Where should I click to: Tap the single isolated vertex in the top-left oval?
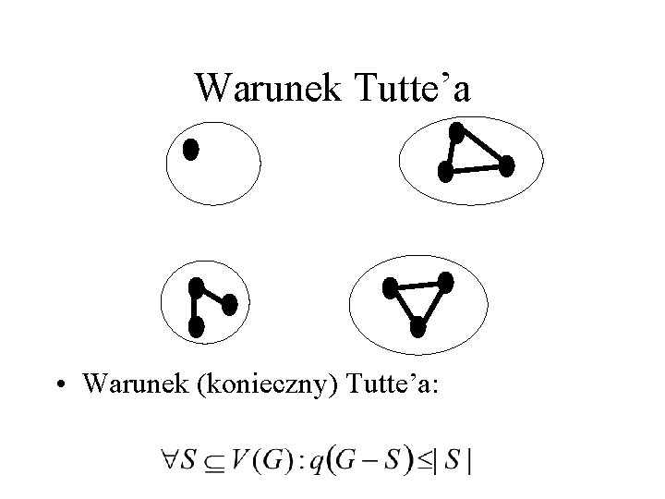[190, 150]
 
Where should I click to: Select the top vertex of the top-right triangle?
[455, 131]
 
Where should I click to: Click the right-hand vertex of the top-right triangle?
[506, 166]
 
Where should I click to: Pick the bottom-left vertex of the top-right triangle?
[445, 171]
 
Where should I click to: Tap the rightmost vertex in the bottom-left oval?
[230, 303]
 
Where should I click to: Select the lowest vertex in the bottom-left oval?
[196, 325]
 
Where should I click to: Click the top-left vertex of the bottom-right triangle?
[391, 288]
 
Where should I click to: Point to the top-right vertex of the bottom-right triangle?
[446, 282]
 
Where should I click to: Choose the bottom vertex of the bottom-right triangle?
[417, 326]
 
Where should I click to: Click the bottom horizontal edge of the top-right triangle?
[476, 169]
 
